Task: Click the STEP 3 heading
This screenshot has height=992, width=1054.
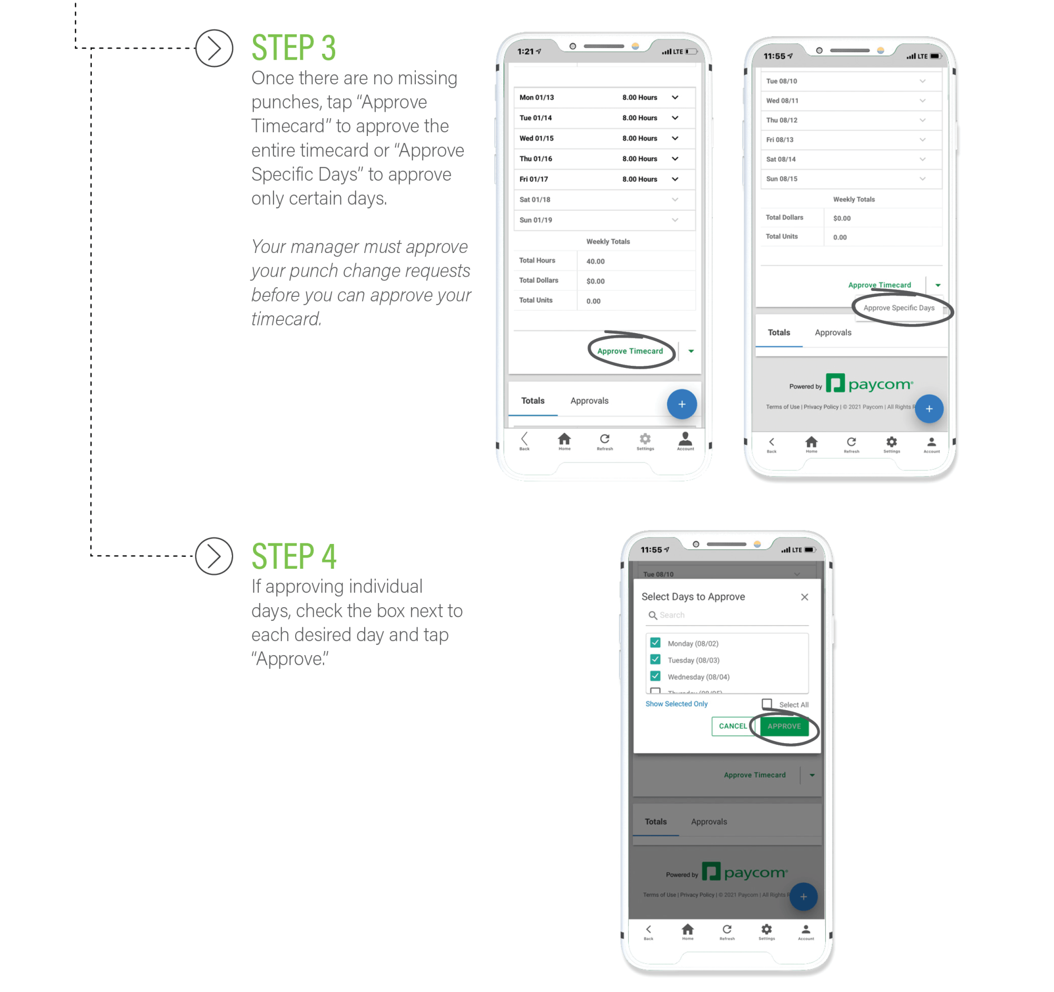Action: click(293, 48)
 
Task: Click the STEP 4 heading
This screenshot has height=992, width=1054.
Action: click(293, 556)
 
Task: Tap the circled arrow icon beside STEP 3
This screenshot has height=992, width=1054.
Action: click(213, 48)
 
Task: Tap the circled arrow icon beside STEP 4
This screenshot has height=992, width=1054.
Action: click(213, 556)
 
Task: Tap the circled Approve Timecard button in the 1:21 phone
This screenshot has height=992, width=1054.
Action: click(630, 351)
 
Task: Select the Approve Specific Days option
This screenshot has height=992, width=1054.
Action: click(899, 307)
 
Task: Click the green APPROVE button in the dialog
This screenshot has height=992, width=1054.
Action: click(784, 726)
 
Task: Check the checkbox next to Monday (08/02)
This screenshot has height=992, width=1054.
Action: click(655, 643)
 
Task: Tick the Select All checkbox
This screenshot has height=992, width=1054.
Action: click(767, 704)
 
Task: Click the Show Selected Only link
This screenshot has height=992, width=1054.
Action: click(676, 704)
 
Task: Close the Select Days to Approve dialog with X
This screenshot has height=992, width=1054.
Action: click(804, 597)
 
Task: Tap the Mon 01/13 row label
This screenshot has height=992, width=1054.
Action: click(536, 98)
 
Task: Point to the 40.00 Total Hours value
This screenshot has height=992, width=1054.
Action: click(596, 261)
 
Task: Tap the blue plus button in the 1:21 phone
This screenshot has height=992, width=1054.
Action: click(681, 404)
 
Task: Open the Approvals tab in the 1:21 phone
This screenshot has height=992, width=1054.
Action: click(589, 401)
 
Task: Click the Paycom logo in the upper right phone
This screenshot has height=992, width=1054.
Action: click(870, 384)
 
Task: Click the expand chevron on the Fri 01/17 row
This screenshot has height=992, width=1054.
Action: click(675, 179)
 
